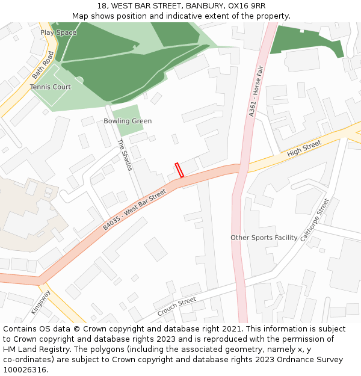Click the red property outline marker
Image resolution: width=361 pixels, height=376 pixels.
click(179, 170)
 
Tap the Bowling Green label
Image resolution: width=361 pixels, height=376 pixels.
click(128, 121)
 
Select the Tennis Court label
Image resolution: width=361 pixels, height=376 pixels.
click(51, 87)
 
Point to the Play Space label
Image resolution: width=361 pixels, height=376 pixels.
click(58, 32)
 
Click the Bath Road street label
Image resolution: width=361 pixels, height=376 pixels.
click(43, 65)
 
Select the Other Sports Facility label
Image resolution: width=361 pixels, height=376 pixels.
click(264, 238)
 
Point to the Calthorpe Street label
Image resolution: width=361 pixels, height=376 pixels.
click(315, 220)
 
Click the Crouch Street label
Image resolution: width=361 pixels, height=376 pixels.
click(177, 307)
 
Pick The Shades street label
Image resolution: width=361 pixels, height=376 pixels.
click(125, 155)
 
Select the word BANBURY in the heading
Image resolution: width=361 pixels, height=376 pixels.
click(203, 6)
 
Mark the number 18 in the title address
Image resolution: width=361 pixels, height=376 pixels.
click(100, 6)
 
